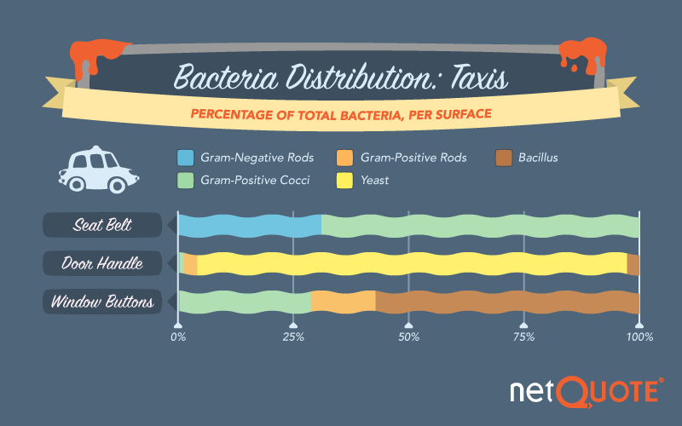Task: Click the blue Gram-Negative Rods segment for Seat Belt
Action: click(249, 226)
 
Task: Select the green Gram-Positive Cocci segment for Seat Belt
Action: click(480, 226)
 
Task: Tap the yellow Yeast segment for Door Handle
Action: click(412, 264)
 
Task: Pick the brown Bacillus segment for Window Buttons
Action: click(507, 302)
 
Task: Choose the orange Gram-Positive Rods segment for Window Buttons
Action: click(343, 302)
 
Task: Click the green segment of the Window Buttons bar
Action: click(245, 302)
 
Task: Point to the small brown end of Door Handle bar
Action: click(633, 264)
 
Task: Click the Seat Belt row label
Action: click(102, 226)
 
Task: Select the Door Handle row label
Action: click(102, 264)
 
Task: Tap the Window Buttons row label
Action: click(102, 302)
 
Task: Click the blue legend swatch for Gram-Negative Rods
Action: click(186, 158)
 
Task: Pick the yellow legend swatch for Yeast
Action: click(346, 181)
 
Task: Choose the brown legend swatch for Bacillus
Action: click(504, 158)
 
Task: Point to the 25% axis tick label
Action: click(293, 338)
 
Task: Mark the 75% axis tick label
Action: click(524, 338)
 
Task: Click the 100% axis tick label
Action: click(639, 338)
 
